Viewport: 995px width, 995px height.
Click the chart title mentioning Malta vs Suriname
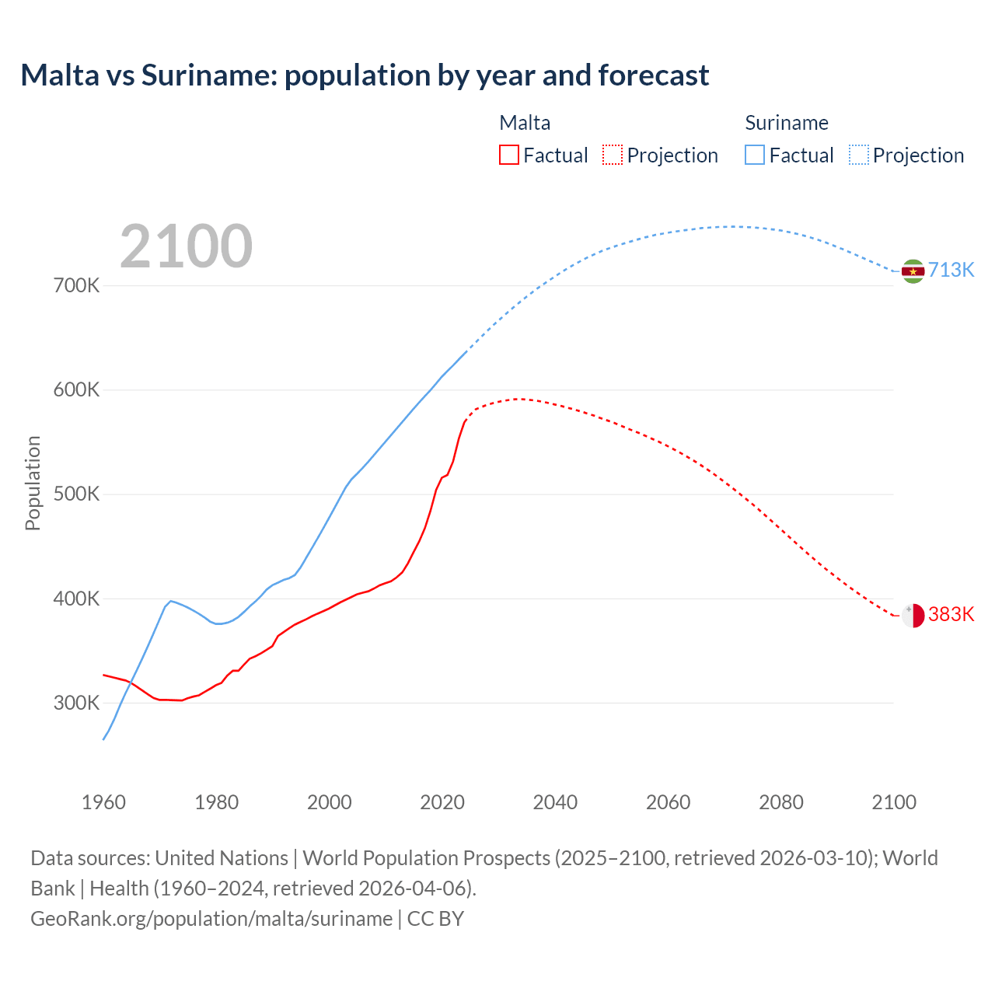pyautogui.click(x=365, y=75)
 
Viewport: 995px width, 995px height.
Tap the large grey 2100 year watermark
pyautogui.click(x=186, y=246)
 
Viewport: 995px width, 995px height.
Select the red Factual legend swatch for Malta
pyautogui.click(x=508, y=155)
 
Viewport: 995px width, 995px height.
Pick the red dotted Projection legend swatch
pyautogui.click(x=613, y=155)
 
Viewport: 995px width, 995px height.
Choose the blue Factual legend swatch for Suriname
pyautogui.click(x=754, y=155)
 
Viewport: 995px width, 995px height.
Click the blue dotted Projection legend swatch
pyautogui.click(x=858, y=155)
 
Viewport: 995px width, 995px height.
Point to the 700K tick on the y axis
pyautogui.click(x=77, y=285)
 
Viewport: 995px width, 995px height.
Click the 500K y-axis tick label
pyautogui.click(x=77, y=494)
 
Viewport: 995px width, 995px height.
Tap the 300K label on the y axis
pyautogui.click(x=77, y=703)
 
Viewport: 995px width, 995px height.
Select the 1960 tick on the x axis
pyautogui.click(x=103, y=802)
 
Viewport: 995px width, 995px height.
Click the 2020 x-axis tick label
pyautogui.click(x=442, y=802)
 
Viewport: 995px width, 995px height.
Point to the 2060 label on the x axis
pyautogui.click(x=668, y=802)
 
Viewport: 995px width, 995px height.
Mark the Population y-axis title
pyautogui.click(x=33, y=483)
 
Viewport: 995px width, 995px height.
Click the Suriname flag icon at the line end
pyautogui.click(x=913, y=271)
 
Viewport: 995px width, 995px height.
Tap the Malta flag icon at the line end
pyautogui.click(x=913, y=616)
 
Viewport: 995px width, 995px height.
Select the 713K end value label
pyautogui.click(x=951, y=270)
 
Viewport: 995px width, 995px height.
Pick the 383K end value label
pyautogui.click(x=951, y=614)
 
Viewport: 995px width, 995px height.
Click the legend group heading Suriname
pyautogui.click(x=786, y=123)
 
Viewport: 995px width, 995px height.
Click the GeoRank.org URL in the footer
pyautogui.click(x=211, y=918)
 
